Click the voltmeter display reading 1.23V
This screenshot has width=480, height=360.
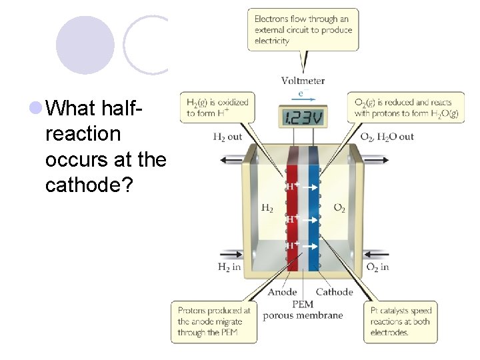pyautogui.click(x=303, y=119)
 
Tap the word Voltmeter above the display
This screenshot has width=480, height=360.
pyautogui.click(x=303, y=81)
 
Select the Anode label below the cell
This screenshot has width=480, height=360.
pyautogui.click(x=282, y=292)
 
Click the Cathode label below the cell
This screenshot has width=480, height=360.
pyautogui.click(x=334, y=292)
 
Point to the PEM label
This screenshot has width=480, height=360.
pyautogui.click(x=302, y=304)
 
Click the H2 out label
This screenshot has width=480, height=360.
pyautogui.click(x=227, y=137)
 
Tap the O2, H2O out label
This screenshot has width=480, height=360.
pyautogui.click(x=387, y=137)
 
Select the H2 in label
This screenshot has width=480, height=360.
pyautogui.click(x=229, y=267)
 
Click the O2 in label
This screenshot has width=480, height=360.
pyautogui.click(x=377, y=267)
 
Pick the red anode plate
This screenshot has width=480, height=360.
pyautogui.click(x=292, y=213)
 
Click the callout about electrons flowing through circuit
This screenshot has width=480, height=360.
pyautogui.click(x=302, y=29)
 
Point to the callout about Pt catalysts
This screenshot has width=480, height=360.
pyautogui.click(x=400, y=321)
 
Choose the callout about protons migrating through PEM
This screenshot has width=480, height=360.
pyautogui.click(x=214, y=321)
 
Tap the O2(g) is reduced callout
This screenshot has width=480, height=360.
pyautogui.click(x=406, y=107)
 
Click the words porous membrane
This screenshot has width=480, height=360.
pyautogui.click(x=302, y=315)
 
